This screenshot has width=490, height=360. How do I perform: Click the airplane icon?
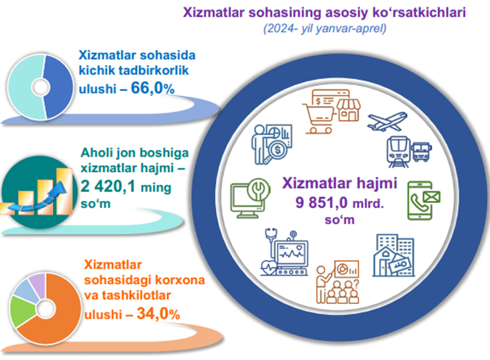tap(387, 121)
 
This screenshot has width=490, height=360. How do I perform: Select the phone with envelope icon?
tap(424, 200)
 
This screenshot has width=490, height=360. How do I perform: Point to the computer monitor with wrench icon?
tap(250, 198)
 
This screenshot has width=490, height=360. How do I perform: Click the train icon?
tap(398, 152)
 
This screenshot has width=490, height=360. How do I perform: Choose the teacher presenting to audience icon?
tap(337, 282)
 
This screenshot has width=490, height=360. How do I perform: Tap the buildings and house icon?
tap(393, 255)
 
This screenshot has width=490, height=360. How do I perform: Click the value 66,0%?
tap(153, 88)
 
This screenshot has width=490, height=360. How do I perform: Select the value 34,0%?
tap(158, 313)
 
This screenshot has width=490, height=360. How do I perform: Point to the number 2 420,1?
tap(108, 187)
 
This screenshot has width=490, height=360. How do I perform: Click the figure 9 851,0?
tap(321, 203)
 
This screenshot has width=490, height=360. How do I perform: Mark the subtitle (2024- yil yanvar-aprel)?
tap(325, 29)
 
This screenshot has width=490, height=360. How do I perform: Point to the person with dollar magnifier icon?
tap(272, 144)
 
